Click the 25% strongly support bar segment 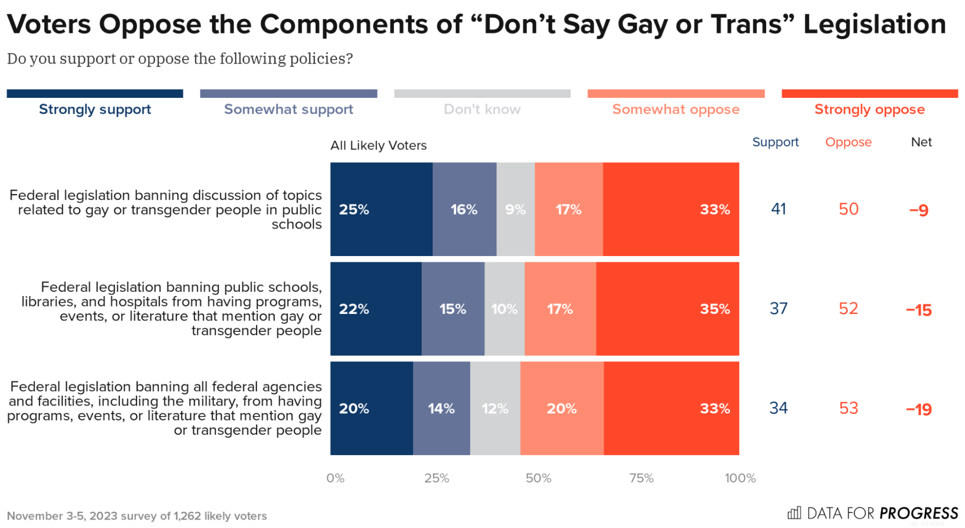click(381, 209)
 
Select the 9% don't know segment click(515, 209)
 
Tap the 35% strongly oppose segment click(667, 309)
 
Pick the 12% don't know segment click(495, 408)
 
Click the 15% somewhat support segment click(452, 309)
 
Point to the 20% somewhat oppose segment click(561, 408)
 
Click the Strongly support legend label click(95, 109)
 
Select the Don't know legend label click(482, 109)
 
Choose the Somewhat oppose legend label click(675, 109)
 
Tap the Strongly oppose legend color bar click(869, 94)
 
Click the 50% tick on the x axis click(538, 478)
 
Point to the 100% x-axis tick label click(740, 478)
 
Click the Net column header click(921, 142)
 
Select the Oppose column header click(848, 142)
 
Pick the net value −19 click(918, 409)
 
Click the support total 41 click(778, 209)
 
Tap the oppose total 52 click(848, 309)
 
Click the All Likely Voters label click(378, 145)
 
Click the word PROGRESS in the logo click(918, 513)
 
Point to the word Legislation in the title click(874, 24)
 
